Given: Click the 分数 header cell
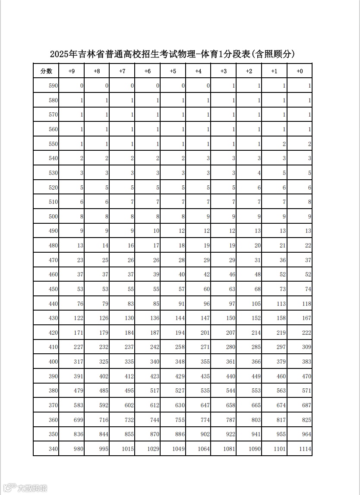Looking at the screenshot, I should [46, 71].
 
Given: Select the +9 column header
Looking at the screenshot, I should [72, 71].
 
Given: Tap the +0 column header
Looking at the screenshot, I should [300, 71].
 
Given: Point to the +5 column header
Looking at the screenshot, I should [173, 71].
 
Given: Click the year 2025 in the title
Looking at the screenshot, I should [60, 54].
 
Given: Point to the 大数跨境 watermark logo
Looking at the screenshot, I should [27, 488].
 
